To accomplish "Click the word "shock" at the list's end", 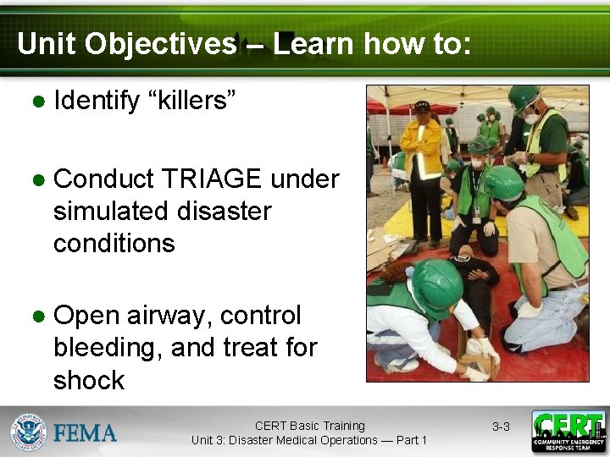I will coord(88,380).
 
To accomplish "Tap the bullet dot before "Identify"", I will coord(38,102).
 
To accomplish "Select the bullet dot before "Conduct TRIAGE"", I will coord(38,180).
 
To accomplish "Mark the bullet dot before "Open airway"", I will coord(38,317).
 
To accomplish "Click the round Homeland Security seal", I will coord(28,432).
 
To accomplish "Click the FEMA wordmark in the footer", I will coord(85,432).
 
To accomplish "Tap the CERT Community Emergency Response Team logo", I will coord(568,432).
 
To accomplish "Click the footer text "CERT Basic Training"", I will coord(309,426).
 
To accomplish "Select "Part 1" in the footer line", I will coord(409,440).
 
